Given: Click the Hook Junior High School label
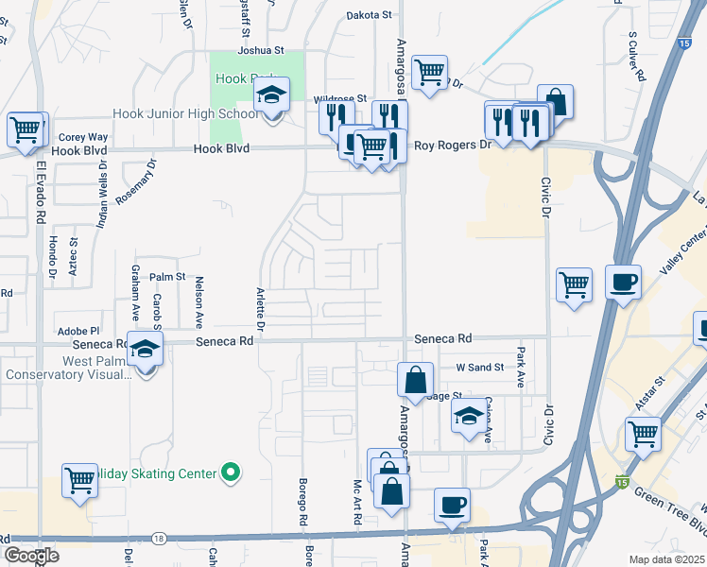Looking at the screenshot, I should (184, 114).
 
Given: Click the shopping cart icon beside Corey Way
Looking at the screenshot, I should (25, 129).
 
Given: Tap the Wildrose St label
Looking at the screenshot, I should (339, 98).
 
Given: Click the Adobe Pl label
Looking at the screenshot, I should (78, 331).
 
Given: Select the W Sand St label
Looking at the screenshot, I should (474, 367).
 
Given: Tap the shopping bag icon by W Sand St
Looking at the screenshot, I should (415, 381).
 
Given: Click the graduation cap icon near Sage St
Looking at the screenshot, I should (468, 416).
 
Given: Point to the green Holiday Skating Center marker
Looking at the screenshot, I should (230, 472).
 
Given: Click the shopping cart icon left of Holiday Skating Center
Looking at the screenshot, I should (79, 480).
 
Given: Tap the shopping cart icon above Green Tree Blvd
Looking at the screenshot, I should (643, 435).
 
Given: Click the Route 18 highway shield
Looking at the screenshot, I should (158, 538).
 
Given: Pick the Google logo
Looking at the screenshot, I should (31, 556).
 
